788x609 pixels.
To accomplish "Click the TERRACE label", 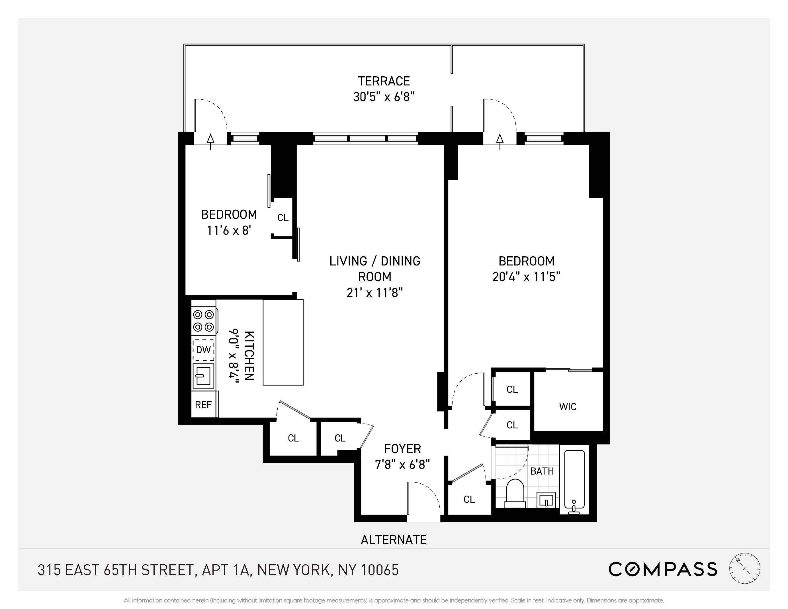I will coord(384,81).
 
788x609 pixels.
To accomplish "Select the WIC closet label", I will coord(568,406).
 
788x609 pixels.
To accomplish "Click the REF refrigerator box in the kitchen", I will coord(203,405).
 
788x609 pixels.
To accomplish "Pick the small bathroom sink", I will coord(546,500).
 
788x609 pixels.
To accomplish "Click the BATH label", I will coord(542,471).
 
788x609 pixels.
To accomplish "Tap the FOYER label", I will coord(402,449).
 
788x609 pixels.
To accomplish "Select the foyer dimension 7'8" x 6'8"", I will coord(402,464).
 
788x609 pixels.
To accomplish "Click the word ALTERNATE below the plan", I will coord(394,540).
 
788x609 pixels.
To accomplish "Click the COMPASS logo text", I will coord(662,569).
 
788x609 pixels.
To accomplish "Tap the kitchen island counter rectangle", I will coord(283,342).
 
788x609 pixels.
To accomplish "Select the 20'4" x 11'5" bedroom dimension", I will coord(526,277).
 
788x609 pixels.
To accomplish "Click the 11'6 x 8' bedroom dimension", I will coord(229,230).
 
